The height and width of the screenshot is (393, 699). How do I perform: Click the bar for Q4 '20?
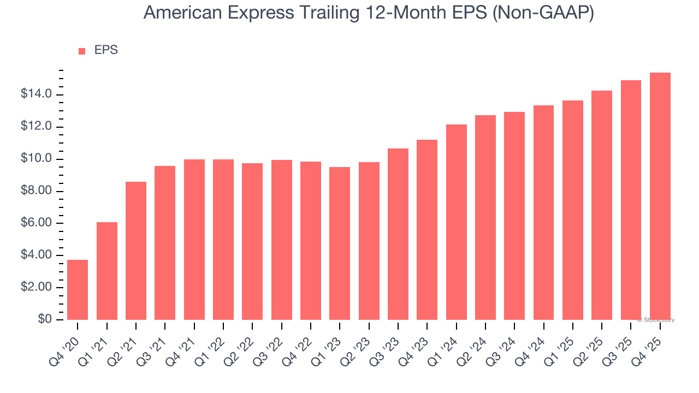[78, 290]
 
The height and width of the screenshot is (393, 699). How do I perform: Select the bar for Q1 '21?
[106, 271]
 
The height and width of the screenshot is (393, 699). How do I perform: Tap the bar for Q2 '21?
[136, 251]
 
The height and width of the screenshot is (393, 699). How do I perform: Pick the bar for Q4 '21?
[194, 240]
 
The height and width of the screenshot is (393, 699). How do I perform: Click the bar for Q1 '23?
[340, 243]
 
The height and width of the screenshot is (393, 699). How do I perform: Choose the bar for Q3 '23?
[398, 234]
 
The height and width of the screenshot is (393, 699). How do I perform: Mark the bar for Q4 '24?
[543, 212]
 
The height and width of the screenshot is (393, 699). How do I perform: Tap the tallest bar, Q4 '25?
[660, 196]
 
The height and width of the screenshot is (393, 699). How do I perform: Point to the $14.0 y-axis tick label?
[36, 94]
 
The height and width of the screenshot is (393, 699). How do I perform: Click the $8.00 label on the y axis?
[36, 191]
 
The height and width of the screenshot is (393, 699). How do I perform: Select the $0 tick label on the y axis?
[44, 320]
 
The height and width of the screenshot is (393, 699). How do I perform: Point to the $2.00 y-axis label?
[36, 288]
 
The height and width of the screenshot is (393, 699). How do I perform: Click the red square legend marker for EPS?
[82, 51]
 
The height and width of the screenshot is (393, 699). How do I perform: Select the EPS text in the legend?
[106, 50]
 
